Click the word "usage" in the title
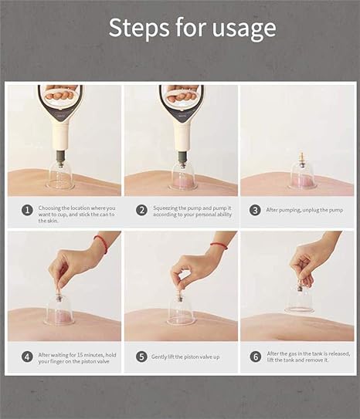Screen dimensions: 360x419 pos(244,29)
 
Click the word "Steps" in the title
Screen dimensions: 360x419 pos(139,27)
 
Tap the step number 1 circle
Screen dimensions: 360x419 pos(27,211)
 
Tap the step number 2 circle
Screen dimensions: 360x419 pos(141,211)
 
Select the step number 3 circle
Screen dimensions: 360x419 pos(255,211)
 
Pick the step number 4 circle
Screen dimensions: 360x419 pos(27,357)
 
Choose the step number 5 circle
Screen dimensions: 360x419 pos(141,357)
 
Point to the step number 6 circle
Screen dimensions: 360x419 pos(256,356)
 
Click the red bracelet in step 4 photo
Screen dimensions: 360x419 pos(102,243)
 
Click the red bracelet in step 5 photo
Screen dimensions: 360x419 pos(219,245)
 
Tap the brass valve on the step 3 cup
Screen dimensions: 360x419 pos(302,159)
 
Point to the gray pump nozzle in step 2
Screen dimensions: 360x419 pos(182,157)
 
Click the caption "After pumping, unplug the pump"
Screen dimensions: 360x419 pos(304,210)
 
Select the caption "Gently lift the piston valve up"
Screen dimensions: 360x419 pos(185,356)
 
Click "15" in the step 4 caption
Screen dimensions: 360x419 pos(80,355)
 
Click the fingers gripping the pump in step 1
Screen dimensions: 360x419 pos(59,94)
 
